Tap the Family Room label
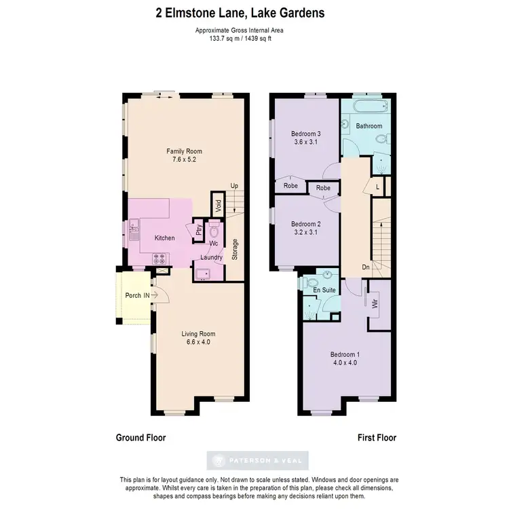click(185, 151)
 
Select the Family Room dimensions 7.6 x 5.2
click(185, 160)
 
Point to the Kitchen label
click(165, 238)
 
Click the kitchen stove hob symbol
click(162, 258)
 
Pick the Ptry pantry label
click(199, 230)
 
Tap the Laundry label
click(211, 258)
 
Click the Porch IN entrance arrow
click(155, 295)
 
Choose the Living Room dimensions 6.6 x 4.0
click(198, 342)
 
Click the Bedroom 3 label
click(305, 134)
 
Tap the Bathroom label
click(369, 126)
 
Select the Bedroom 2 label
click(305, 224)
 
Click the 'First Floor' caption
click(377, 438)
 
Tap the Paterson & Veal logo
click(261, 460)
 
